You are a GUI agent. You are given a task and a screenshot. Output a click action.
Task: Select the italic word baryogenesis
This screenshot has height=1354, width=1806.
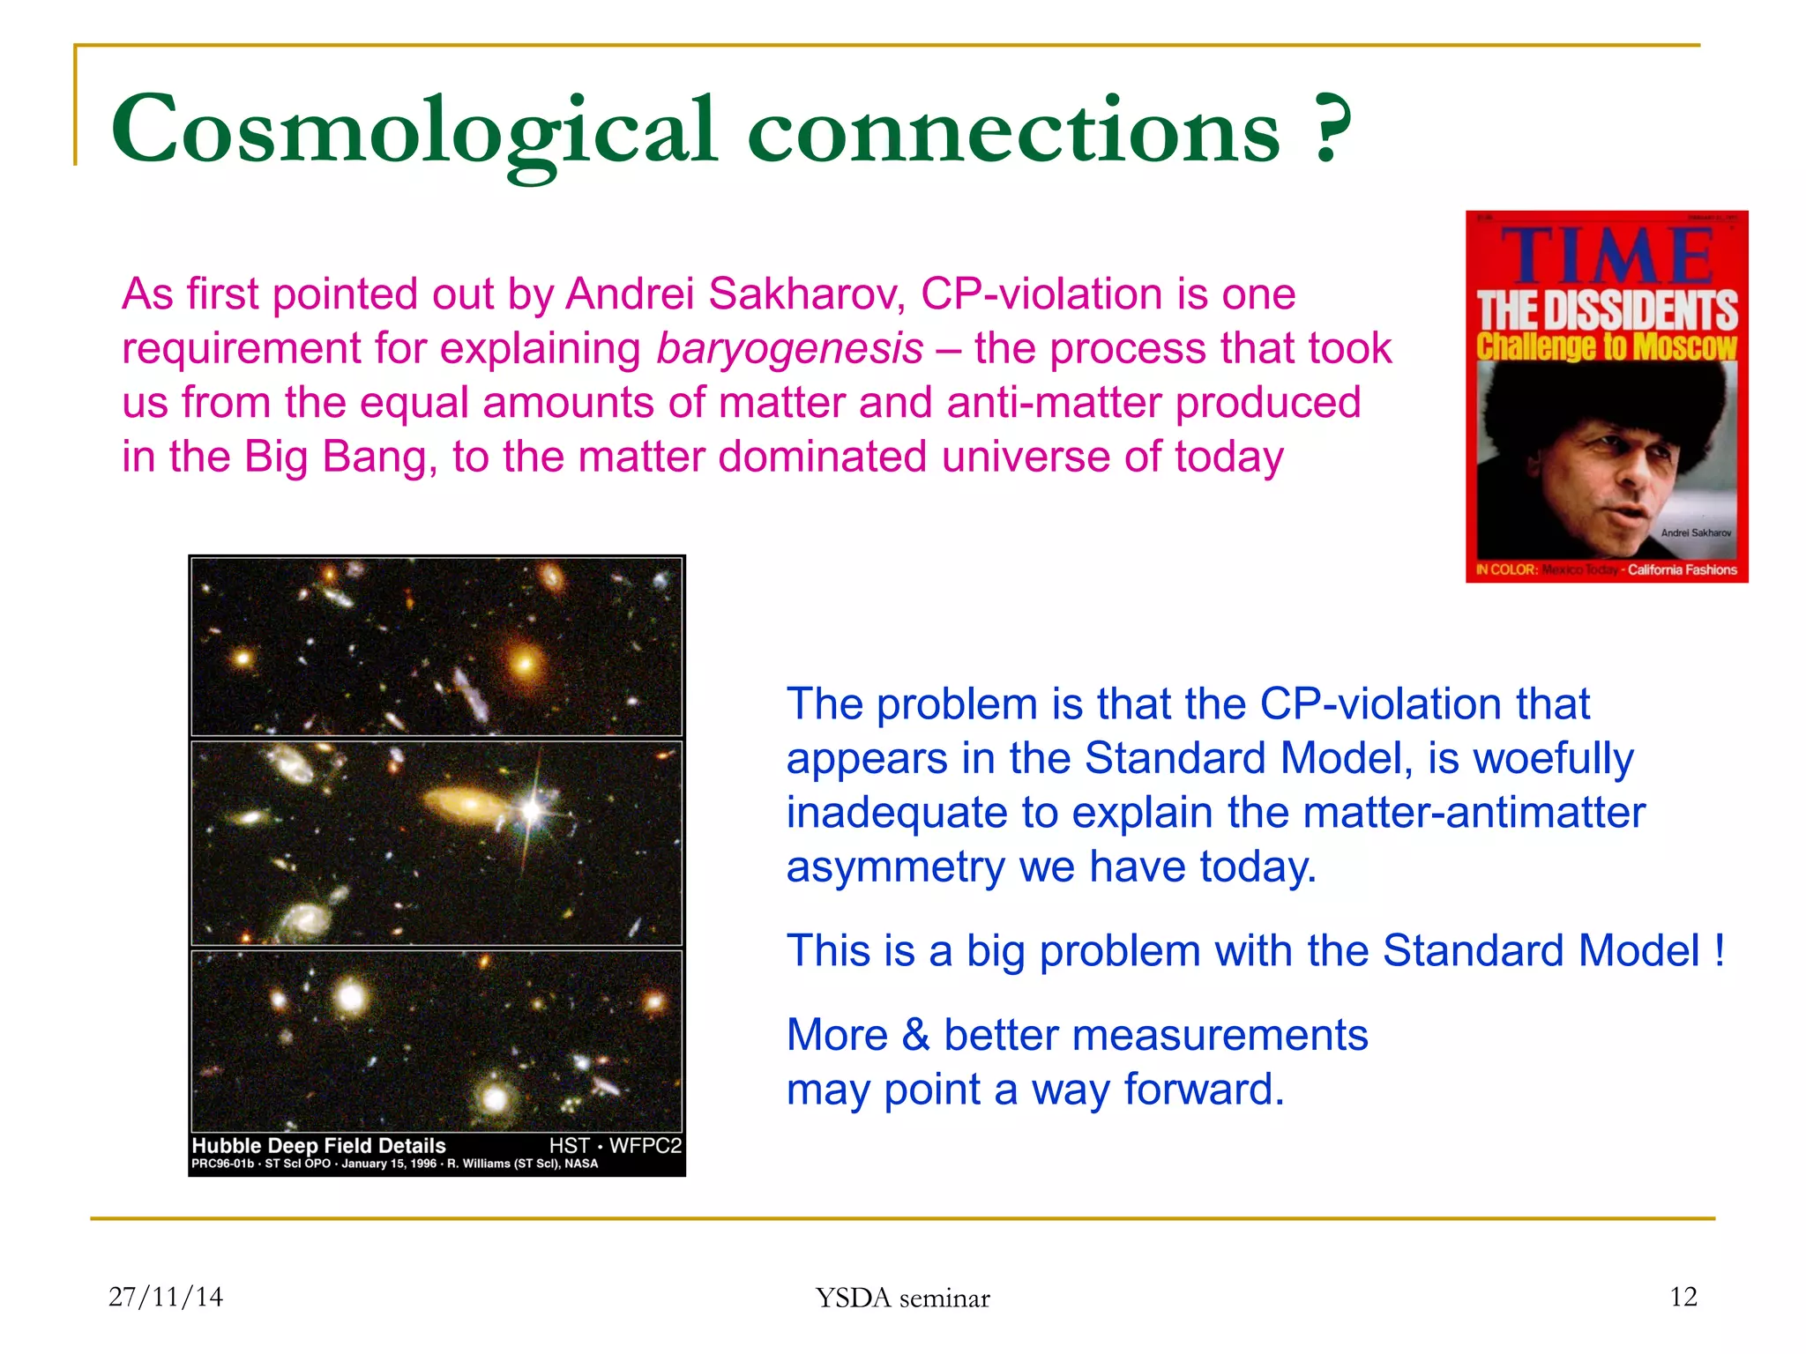[x=789, y=349]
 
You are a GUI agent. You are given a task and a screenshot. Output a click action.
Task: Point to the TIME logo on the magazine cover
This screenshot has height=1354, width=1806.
[x=1607, y=257]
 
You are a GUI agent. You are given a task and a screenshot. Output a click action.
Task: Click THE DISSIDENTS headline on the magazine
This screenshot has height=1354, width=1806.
[x=1607, y=310]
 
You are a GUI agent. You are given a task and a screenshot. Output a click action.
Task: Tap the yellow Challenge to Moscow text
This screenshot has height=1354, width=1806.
[x=1607, y=346]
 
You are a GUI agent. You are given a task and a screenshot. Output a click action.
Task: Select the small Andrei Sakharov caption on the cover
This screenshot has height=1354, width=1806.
[x=1695, y=532]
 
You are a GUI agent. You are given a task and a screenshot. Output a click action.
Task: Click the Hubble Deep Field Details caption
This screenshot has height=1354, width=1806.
[x=318, y=1145]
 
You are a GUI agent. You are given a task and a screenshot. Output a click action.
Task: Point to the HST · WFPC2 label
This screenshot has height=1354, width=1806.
[x=615, y=1145]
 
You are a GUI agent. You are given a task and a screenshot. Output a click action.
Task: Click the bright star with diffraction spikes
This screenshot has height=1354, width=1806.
[x=532, y=809]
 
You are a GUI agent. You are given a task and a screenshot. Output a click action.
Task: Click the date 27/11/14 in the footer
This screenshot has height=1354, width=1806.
[x=166, y=1297]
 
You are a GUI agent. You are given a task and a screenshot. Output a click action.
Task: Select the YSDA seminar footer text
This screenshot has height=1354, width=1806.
[x=902, y=1298]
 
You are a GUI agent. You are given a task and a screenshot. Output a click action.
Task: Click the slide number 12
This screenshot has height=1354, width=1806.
[x=1683, y=1297]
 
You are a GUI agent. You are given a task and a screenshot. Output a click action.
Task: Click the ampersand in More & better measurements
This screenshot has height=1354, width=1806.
[x=915, y=1035]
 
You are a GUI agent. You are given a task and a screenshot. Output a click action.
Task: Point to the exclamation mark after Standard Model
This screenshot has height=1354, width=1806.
[x=1719, y=951]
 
